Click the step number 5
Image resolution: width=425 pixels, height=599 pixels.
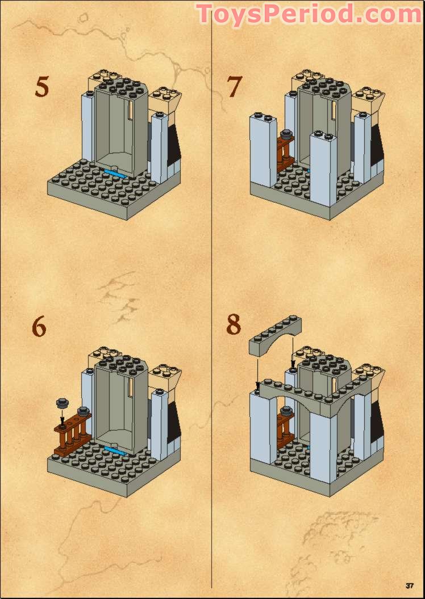pos(41,86)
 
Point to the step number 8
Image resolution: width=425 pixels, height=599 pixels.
pos(234,325)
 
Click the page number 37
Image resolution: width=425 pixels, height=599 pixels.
pos(410,586)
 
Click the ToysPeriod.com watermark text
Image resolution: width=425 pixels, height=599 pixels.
pos(310,14)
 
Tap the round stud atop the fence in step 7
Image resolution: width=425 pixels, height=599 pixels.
pos(286,134)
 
